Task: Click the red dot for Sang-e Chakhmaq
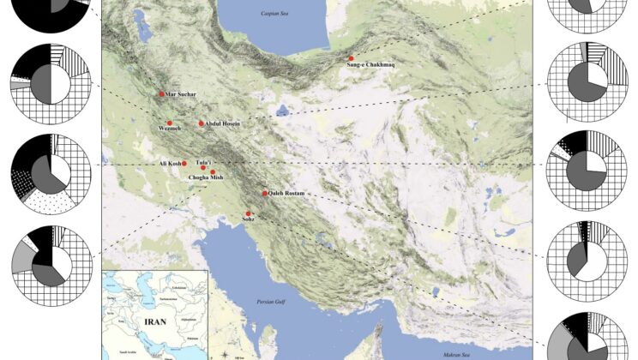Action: [x=351, y=57]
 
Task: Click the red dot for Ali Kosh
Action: [x=184, y=163]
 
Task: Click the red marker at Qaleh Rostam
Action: [x=265, y=193]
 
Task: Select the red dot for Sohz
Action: [x=248, y=213]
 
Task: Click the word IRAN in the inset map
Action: [x=144, y=325]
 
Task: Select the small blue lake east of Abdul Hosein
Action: [x=282, y=109]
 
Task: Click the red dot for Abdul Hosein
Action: [x=202, y=123]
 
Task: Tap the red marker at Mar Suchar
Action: [x=160, y=93]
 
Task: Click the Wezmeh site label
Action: [x=171, y=129]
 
